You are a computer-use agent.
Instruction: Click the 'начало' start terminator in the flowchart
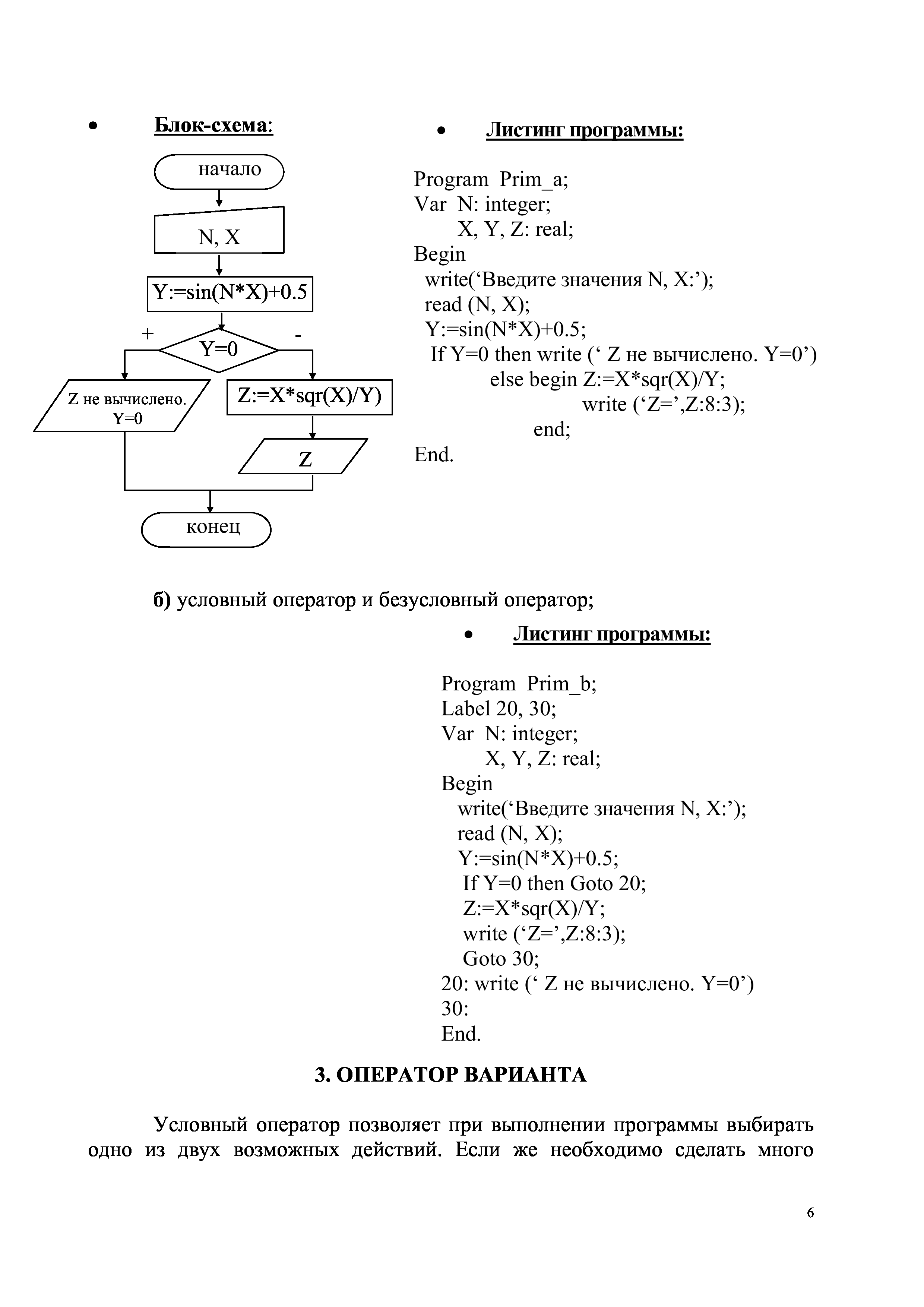219,171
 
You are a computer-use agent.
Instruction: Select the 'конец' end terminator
206,529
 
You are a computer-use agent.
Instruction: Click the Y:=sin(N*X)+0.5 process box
230,294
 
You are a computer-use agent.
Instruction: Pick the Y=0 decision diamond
219,349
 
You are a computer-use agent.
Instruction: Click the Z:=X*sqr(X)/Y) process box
310,397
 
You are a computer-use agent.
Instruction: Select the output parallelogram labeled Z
303,456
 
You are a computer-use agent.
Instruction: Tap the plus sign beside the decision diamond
148,333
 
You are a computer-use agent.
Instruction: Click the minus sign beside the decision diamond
298,335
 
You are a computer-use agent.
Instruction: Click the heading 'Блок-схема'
213,125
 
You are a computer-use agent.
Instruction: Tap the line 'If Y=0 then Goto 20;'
554,883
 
